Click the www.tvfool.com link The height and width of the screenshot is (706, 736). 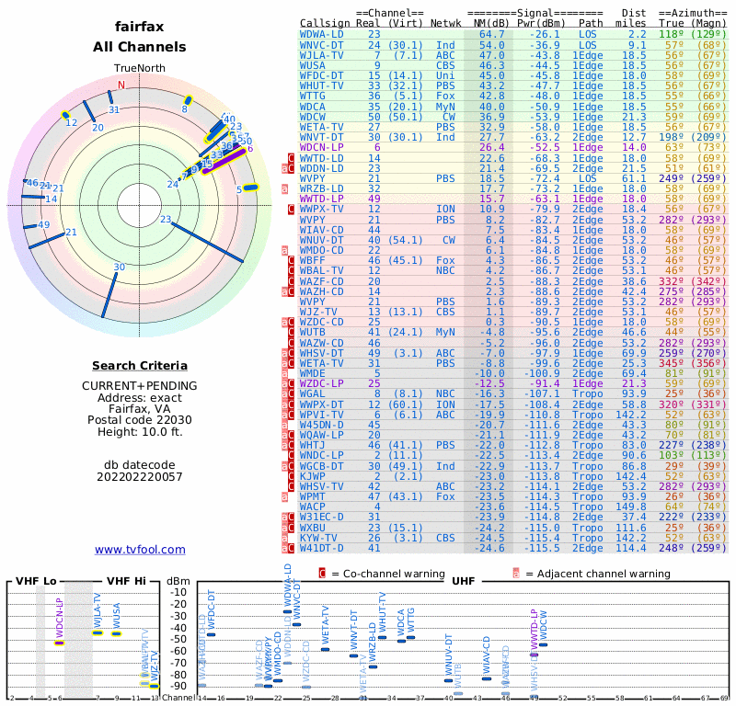pos(140,550)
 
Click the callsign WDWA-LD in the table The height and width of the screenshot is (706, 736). pos(322,34)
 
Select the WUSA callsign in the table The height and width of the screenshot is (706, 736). pos(313,65)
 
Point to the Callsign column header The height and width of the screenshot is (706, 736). pos(325,22)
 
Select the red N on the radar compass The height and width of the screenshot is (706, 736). pos(121,85)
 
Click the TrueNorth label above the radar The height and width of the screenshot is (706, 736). pos(140,69)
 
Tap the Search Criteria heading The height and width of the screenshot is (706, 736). pos(140,366)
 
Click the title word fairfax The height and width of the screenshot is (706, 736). pos(140,27)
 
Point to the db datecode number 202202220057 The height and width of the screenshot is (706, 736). pos(140,476)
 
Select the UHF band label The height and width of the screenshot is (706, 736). pos(463,581)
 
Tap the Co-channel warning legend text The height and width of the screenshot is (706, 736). pos(394,574)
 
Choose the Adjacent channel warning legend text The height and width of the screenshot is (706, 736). pos(598,574)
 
